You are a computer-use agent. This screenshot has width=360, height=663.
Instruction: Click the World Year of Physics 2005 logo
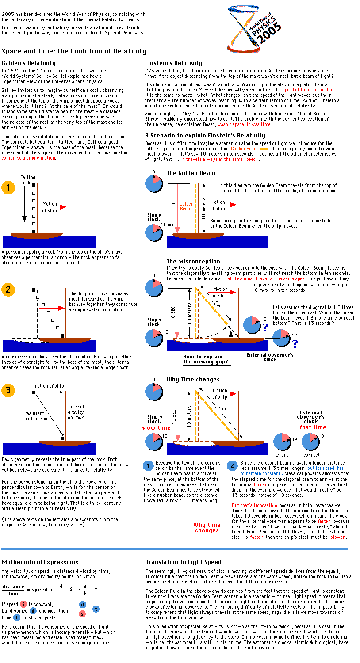coord(254,30)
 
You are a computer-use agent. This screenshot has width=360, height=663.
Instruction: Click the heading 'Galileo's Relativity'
coord(29,63)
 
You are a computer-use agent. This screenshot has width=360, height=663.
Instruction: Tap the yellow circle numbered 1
coord(8,187)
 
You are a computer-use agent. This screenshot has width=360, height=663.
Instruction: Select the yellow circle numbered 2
coord(8,290)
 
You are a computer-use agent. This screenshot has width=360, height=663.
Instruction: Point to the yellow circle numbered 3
coord(8,390)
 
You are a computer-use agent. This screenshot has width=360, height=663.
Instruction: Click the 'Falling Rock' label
coord(27,180)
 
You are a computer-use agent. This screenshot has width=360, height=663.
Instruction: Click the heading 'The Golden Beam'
coord(191,173)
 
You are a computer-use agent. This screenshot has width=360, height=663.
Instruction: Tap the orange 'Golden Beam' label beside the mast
coord(187,206)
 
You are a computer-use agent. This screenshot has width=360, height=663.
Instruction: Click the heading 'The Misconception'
coord(193,261)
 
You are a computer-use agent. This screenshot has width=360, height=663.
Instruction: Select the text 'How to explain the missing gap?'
coord(206,359)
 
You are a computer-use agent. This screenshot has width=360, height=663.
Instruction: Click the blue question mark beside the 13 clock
coord(295,343)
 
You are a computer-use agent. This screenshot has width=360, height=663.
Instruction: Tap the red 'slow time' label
coord(156,428)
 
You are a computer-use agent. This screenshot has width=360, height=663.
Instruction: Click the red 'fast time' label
coord(313,427)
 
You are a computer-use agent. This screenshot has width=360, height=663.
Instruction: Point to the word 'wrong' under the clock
coord(282,455)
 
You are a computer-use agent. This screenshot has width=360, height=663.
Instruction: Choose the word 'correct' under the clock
coord(311,455)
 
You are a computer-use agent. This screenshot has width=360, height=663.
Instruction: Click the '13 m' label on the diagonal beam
coord(220,408)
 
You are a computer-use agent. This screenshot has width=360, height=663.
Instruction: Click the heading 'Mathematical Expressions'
coord(40,562)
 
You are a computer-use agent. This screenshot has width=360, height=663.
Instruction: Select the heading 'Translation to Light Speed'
coord(184,562)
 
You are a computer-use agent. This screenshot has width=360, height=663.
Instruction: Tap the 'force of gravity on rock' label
coord(76,412)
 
